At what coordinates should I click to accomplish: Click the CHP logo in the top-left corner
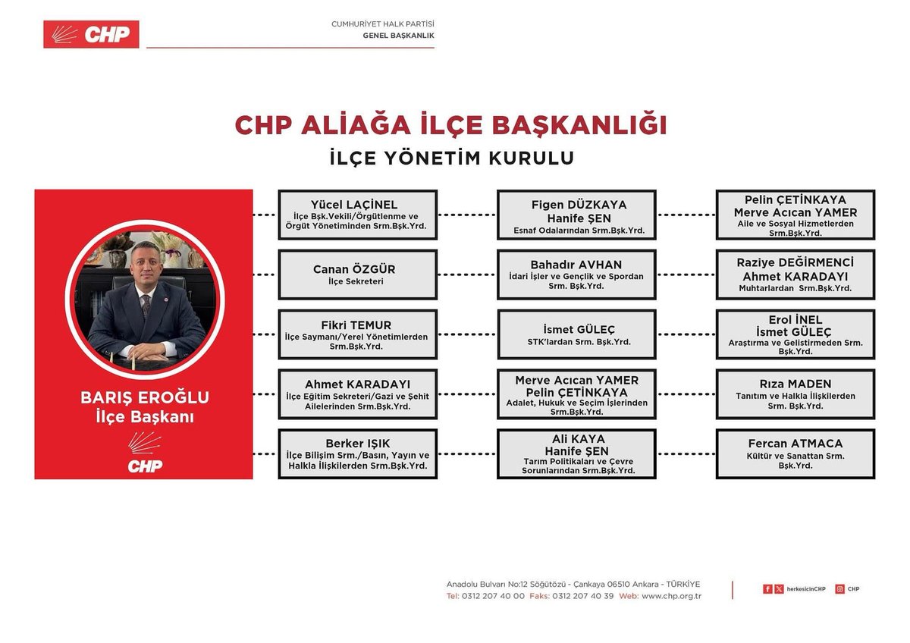(x=91, y=34)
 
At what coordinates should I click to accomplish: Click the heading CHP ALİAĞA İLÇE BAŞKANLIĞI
(x=450, y=125)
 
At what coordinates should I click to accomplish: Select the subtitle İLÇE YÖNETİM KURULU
(x=451, y=158)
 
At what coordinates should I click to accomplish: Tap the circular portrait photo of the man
(x=145, y=299)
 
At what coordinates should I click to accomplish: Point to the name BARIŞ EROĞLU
(x=145, y=398)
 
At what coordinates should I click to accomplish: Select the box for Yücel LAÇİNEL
(x=357, y=215)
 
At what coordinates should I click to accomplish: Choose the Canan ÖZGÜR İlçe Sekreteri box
(x=357, y=274)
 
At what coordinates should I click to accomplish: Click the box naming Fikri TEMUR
(x=357, y=334)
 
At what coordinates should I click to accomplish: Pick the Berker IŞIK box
(x=357, y=454)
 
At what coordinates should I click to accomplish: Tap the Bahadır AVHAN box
(x=576, y=274)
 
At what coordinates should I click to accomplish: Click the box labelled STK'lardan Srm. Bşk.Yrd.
(x=576, y=334)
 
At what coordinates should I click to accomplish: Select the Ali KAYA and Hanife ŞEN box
(x=576, y=454)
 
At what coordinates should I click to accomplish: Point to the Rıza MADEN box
(x=795, y=394)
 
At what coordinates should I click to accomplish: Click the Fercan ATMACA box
(x=795, y=454)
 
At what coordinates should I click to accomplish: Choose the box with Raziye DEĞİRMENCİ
(x=795, y=274)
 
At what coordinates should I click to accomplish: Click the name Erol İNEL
(x=795, y=320)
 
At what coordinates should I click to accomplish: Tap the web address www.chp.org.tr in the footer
(x=671, y=596)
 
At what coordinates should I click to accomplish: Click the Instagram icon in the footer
(x=839, y=589)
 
